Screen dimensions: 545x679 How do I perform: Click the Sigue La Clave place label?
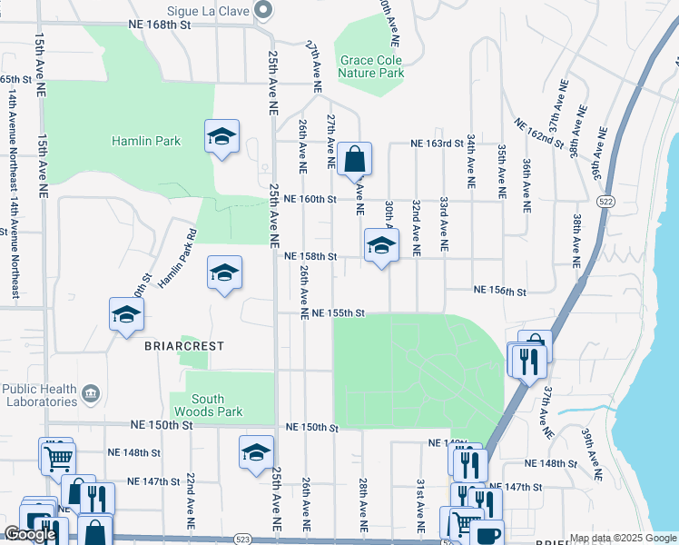coord(216,9)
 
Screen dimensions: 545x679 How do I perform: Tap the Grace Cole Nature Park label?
coord(371,67)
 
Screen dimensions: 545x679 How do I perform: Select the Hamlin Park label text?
coord(146,141)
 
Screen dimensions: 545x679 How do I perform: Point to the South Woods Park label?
coord(218,405)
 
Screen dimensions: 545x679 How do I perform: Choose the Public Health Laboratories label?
coord(38,394)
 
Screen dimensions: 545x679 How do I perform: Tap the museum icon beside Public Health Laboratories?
coord(91,393)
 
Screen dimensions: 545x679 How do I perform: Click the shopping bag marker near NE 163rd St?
coord(355,159)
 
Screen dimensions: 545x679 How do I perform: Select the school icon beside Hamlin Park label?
coord(221,137)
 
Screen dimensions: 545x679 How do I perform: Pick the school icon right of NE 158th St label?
coord(381,245)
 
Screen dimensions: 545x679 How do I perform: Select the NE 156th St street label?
coord(500,292)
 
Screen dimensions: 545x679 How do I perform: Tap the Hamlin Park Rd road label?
coord(178,258)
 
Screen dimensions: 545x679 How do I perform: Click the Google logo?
coord(31,534)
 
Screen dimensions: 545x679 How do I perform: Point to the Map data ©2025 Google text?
coord(622,538)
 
